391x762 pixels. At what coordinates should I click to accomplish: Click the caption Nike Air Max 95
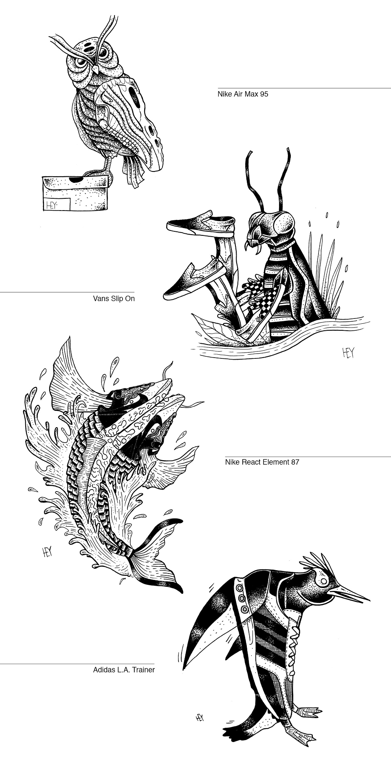tap(243, 94)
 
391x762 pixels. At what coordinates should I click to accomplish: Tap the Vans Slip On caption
tap(114, 299)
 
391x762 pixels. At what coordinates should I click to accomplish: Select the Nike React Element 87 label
tap(262, 462)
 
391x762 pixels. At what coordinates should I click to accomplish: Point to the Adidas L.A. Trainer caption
tap(124, 670)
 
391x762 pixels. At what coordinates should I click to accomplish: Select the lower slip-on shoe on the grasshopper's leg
tap(193, 279)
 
